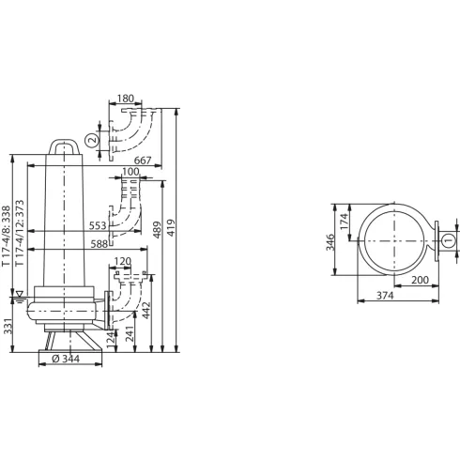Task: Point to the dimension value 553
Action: [98, 226]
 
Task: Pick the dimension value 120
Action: [122, 262]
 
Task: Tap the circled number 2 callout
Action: [91, 141]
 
